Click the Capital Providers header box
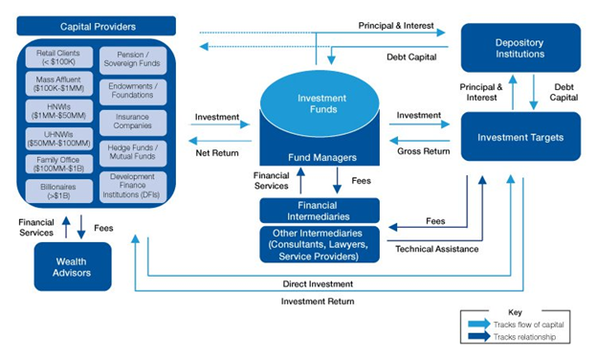(x=98, y=26)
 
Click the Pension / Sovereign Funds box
(x=133, y=61)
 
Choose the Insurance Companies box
(x=133, y=122)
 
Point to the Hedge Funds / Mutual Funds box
(x=133, y=152)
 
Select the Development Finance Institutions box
(x=133, y=186)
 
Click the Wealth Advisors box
(x=74, y=265)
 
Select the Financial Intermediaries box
(x=320, y=210)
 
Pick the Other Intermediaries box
(x=320, y=244)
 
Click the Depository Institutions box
(x=520, y=48)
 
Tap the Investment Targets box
(x=520, y=137)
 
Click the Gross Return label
(x=423, y=151)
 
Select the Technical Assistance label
(x=436, y=249)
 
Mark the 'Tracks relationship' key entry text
(x=523, y=337)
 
